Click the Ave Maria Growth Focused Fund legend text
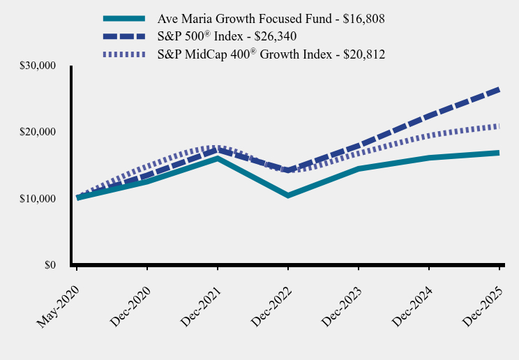click(x=271, y=18)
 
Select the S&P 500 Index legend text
click(x=227, y=36)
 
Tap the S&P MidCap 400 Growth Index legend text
click(x=271, y=54)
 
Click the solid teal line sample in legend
click(x=123, y=18)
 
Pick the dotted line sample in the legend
click(x=123, y=54)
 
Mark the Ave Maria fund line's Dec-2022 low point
click(x=288, y=195)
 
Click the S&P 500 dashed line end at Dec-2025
click(x=498, y=89)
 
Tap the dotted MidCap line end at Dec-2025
click(x=498, y=126)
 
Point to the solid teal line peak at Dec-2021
click(x=218, y=158)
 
